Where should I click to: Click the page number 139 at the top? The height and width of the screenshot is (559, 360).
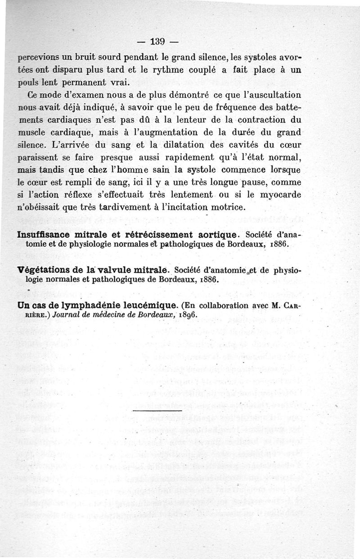click(157, 42)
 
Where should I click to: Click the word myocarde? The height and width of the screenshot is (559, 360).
click(278, 195)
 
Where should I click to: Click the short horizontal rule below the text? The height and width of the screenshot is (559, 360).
click(157, 411)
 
